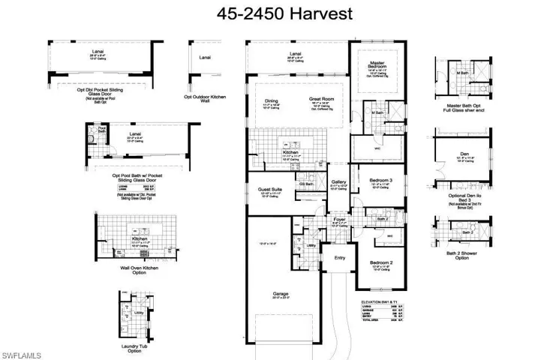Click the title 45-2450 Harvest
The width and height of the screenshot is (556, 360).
(x=277, y=13)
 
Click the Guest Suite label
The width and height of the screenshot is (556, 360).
(x=270, y=189)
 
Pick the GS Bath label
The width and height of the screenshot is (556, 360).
(x=305, y=184)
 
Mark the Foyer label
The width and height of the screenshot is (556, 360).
(x=339, y=219)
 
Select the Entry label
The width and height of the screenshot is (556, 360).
(x=340, y=258)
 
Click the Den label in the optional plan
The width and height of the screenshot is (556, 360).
(x=464, y=153)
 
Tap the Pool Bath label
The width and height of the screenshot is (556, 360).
(x=103, y=130)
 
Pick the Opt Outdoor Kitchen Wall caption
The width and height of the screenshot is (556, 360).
(x=205, y=100)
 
